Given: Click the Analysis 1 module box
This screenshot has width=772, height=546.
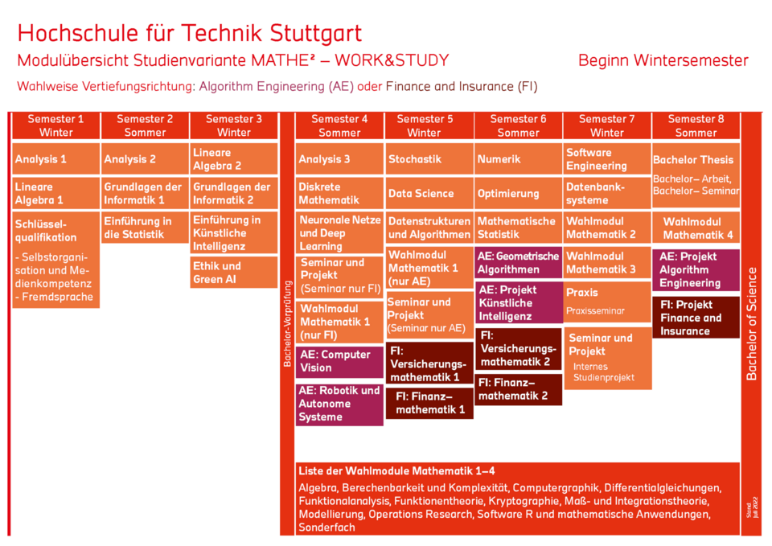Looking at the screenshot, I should (55, 159).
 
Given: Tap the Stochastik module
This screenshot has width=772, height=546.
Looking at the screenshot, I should (429, 159).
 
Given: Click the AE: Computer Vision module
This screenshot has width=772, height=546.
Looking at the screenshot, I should (339, 361).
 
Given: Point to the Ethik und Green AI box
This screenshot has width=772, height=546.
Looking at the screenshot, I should (233, 273).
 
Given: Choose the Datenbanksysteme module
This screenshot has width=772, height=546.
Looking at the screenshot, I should (607, 193).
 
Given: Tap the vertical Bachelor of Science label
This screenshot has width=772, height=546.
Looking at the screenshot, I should (752, 322).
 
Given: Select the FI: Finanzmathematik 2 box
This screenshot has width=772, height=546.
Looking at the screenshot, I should (518, 389).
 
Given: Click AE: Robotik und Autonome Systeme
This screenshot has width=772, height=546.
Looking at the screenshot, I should (339, 404).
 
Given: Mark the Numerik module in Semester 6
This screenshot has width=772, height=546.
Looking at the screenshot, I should (518, 159).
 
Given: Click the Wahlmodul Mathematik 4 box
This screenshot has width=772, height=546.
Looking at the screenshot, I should (696, 228).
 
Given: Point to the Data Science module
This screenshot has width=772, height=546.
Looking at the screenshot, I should (429, 193).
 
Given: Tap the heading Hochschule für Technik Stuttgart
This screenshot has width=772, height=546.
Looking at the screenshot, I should (190, 33).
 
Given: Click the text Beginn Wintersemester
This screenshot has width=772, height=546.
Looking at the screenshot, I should (663, 60).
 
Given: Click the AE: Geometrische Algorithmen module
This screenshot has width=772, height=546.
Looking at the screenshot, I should (518, 263).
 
